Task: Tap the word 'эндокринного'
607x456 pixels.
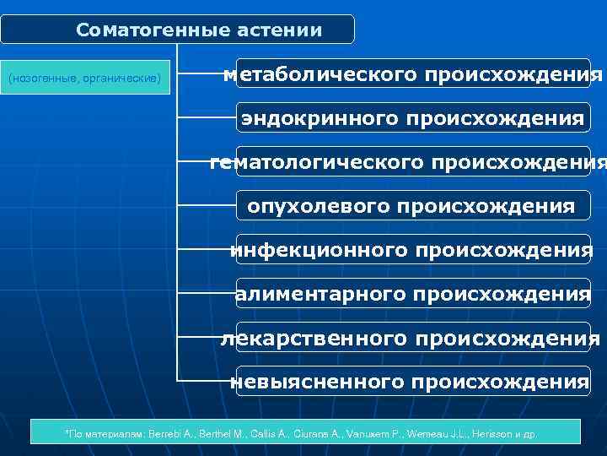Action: pos(319,118)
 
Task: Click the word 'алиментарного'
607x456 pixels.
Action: pos(321,294)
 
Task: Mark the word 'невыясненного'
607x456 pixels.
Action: pos(317,382)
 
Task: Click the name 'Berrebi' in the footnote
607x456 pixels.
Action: pos(167,434)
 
